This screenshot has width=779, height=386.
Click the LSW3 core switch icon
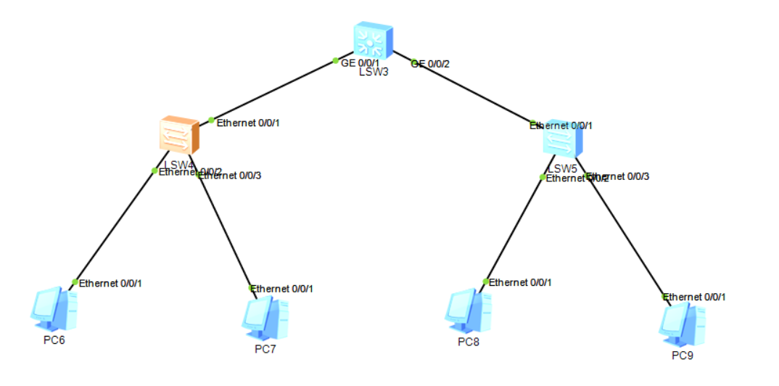click(373, 41)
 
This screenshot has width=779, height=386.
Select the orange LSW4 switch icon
click(178, 136)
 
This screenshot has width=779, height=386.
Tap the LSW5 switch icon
click(562, 139)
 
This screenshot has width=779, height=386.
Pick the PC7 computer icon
click(265, 318)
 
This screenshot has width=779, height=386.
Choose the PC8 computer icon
click(468, 311)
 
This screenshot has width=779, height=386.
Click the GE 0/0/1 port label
click(360, 63)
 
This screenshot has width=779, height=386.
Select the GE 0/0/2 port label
click(430, 64)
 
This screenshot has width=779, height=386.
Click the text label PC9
click(682, 355)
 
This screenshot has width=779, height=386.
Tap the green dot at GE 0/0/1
click(335, 60)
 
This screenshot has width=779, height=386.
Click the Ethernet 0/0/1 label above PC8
click(520, 282)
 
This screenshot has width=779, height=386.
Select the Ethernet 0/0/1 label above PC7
click(282, 289)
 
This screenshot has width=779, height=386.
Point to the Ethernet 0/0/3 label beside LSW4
click(231, 175)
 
